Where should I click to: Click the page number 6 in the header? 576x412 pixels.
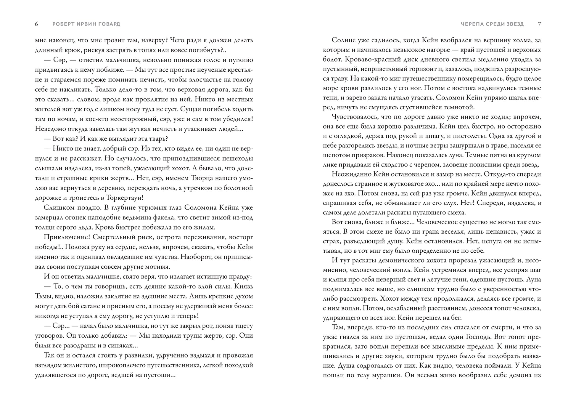(36, 24)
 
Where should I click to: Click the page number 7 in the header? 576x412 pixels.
(539, 24)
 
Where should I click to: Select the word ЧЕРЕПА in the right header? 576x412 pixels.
(472, 24)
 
